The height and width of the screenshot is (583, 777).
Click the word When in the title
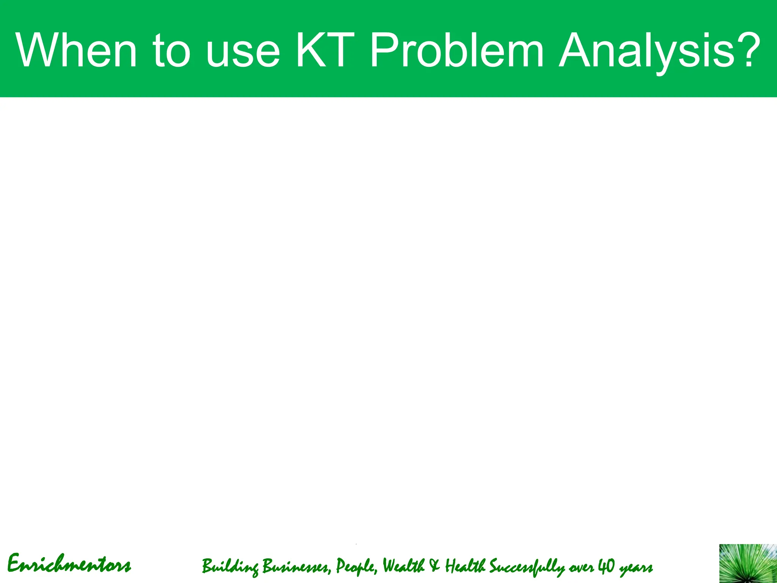(76, 50)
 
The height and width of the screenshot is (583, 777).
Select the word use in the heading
(243, 53)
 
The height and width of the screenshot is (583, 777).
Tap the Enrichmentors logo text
(69, 564)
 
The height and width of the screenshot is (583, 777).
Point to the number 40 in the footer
(606, 566)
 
